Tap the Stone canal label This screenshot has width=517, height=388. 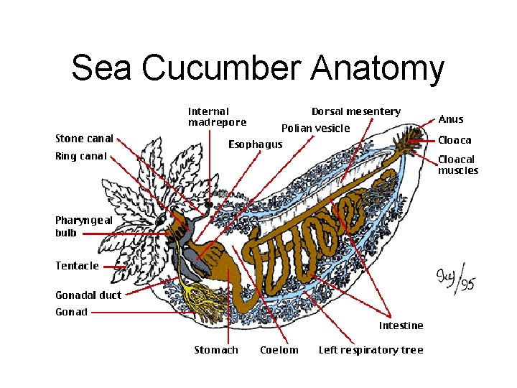(84, 139)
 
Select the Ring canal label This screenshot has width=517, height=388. (81, 156)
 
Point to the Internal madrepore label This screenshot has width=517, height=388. (216, 116)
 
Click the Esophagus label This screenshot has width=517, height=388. (255, 144)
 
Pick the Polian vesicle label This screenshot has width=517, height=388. (315, 129)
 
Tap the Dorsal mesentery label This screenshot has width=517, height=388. (355, 111)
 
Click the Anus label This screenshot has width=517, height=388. (450, 119)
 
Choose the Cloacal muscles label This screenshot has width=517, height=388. (457, 165)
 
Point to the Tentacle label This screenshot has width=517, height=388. (77, 266)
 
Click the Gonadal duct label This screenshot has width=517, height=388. (88, 295)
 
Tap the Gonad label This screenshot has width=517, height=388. (71, 312)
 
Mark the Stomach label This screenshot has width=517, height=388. (216, 350)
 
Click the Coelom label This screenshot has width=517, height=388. (279, 350)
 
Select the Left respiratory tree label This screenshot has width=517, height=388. (371, 350)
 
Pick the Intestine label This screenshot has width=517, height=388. (401, 325)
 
